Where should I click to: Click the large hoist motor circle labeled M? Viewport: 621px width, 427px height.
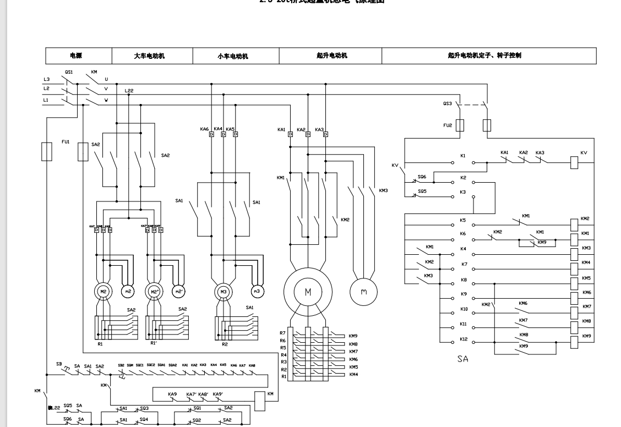point(308,292)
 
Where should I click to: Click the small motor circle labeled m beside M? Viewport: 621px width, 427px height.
point(363,292)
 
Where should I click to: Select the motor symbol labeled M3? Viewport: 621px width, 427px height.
point(223,291)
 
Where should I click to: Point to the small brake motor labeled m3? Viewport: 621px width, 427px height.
point(256,291)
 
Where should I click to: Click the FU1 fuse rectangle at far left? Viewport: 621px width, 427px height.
point(47,151)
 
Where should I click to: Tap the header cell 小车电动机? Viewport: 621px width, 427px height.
point(236,56)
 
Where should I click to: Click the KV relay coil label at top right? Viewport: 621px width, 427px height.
point(584,152)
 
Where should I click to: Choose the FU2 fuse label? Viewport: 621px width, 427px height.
point(448,125)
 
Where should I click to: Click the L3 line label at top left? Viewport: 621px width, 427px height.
point(47,79)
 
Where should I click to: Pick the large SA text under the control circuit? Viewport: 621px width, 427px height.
point(463,359)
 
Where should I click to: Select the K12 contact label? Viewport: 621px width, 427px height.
point(463,340)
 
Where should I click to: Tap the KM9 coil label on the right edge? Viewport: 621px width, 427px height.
point(586,336)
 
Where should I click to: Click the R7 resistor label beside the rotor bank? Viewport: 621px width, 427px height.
point(283,333)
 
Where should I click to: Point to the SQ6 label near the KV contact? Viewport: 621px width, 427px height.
point(422,177)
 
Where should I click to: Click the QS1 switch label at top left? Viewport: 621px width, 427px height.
point(69,72)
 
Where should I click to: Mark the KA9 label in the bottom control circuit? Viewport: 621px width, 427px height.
point(172,394)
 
